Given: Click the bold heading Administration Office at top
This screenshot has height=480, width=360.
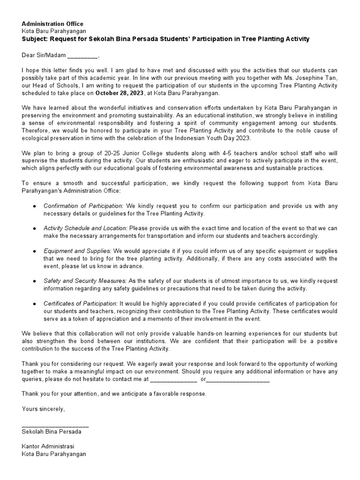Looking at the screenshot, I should (52, 24).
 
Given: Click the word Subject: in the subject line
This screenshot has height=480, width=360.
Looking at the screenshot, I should (36, 39).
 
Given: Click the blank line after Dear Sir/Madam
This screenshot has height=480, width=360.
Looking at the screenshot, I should (82, 56).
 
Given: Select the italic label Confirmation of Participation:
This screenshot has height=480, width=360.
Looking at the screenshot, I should (84, 206).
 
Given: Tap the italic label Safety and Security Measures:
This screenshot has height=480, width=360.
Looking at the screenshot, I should (85, 281).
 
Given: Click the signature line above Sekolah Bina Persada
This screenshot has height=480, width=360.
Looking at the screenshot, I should (55, 425).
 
